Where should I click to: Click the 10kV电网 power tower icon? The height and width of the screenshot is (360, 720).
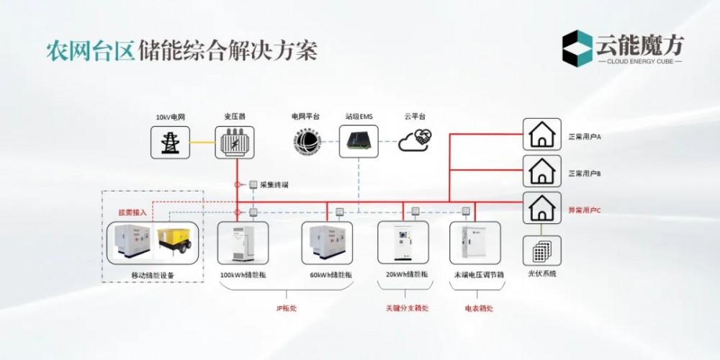(171, 142)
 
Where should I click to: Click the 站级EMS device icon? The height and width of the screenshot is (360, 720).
(359, 140)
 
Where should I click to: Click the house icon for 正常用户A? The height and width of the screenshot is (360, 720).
(541, 133)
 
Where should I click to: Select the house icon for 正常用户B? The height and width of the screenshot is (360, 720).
(541, 171)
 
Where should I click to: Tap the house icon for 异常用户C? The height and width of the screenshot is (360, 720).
(541, 210)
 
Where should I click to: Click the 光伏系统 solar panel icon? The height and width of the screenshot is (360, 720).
(541, 251)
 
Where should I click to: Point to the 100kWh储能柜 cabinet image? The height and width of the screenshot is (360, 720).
(243, 243)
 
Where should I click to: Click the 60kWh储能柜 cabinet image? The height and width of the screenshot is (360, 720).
(327, 243)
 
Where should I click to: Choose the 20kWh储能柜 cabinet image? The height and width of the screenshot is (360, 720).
(402, 243)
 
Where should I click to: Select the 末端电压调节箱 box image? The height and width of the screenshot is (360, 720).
(474, 243)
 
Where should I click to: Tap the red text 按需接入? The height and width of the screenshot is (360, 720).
(132, 212)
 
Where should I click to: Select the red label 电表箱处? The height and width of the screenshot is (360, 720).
(479, 309)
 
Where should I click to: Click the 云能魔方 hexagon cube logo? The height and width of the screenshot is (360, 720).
(578, 48)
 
